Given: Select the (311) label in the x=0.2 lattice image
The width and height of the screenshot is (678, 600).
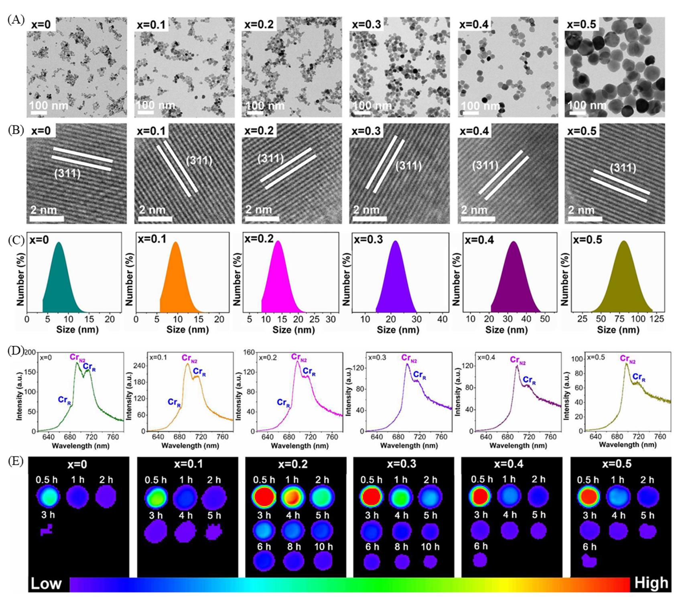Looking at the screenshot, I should pos(270,158).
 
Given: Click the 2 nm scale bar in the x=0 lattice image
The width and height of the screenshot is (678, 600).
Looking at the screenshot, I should pos(47,219).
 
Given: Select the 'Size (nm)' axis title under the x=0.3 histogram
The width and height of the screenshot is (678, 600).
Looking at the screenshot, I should pos(398,330).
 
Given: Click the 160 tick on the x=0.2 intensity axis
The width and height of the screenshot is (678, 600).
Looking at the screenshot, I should pos(249,353).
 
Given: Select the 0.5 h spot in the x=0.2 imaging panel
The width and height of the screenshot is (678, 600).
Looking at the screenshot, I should pos(264,497).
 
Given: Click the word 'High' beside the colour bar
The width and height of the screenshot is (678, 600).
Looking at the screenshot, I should pos(651,583).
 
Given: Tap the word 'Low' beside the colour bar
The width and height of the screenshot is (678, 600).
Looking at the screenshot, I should pos(46,584).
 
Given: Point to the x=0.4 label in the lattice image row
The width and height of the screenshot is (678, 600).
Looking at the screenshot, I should pos(474,131).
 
